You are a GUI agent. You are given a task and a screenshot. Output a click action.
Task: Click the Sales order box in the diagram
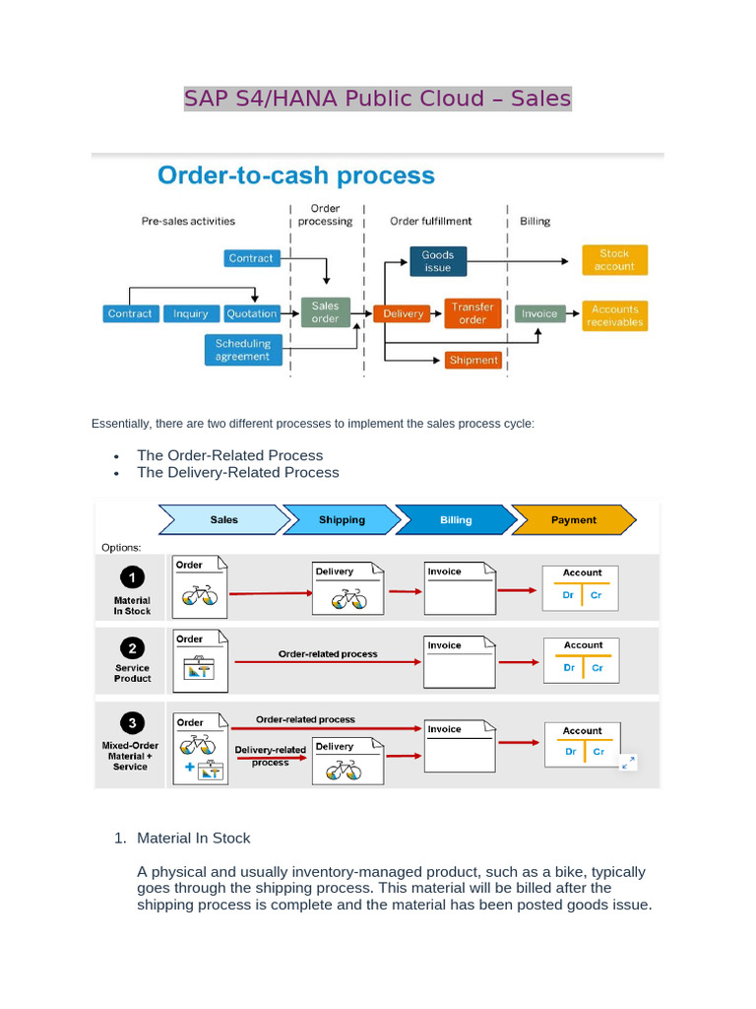(325, 312)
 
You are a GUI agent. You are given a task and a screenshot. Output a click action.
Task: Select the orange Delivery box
(403, 313)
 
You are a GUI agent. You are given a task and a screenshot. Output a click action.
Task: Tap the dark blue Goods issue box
(437, 261)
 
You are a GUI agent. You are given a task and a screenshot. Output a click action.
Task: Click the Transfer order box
(472, 313)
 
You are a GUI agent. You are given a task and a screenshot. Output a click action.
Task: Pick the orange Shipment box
(473, 361)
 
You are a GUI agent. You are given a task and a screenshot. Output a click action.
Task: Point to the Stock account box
(614, 260)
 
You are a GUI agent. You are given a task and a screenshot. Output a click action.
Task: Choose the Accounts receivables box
(614, 315)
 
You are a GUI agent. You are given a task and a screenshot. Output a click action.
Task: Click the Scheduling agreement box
(242, 350)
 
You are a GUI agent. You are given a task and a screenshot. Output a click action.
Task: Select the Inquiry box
(190, 313)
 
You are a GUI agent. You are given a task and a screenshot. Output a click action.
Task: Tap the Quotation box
(251, 313)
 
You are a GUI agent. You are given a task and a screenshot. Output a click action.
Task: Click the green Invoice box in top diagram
(539, 313)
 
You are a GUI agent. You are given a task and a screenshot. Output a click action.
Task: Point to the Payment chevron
(573, 519)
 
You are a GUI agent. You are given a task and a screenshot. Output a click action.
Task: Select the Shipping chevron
(342, 519)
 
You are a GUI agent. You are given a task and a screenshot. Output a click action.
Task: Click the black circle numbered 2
(132, 648)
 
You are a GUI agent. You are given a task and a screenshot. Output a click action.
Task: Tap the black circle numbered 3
(132, 721)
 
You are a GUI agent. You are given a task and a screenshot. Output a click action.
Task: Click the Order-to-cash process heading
(296, 175)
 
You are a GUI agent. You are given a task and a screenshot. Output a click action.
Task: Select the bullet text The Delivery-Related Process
(237, 472)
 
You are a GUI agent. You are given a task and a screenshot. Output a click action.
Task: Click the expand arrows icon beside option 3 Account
(628, 762)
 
